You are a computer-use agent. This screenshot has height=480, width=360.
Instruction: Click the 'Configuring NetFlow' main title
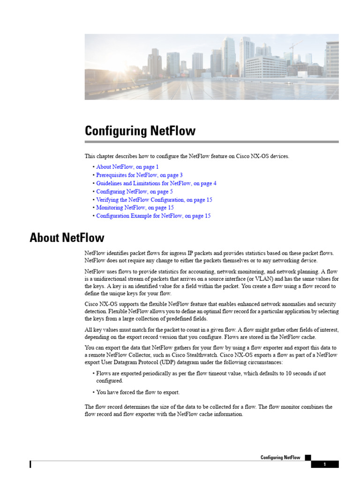click(x=140, y=131)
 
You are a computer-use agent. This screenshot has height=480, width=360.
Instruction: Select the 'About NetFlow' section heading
click(x=67, y=238)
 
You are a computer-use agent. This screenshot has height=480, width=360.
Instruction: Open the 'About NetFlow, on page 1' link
click(x=127, y=167)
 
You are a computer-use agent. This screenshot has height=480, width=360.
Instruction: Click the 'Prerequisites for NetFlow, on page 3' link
click(x=139, y=175)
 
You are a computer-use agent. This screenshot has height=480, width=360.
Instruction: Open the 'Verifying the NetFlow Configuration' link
click(x=154, y=200)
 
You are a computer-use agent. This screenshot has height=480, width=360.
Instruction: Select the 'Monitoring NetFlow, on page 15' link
click(x=135, y=208)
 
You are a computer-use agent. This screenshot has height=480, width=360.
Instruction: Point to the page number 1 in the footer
click(x=324, y=465)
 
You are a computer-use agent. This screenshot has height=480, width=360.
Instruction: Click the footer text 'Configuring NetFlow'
click(x=280, y=457)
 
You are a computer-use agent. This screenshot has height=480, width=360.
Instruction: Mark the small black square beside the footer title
click(x=307, y=457)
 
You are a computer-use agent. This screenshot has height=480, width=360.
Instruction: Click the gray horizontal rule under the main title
click(x=211, y=142)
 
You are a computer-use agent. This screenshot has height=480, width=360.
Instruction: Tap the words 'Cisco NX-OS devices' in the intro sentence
click(x=263, y=156)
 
